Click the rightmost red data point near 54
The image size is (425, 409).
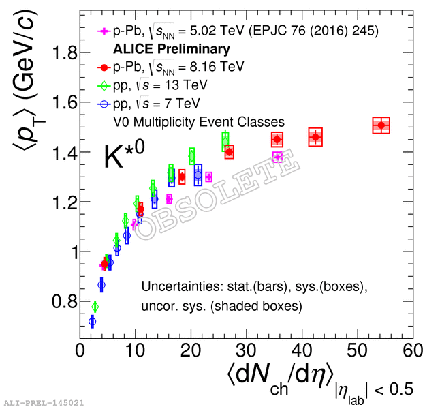pyautogui.click(x=381, y=125)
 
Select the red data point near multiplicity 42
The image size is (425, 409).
pyautogui.click(x=315, y=137)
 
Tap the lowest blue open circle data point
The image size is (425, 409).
pyautogui.click(x=93, y=321)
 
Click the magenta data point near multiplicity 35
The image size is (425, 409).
pyautogui.click(x=277, y=157)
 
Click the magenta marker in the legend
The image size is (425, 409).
pyautogui.click(x=103, y=31)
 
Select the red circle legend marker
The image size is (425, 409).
pyautogui.click(x=103, y=67)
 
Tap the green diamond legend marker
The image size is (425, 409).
pyautogui.click(x=103, y=85)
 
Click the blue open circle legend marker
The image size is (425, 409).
pyautogui.click(x=103, y=104)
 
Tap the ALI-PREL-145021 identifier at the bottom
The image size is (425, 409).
pyautogui.click(x=44, y=403)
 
